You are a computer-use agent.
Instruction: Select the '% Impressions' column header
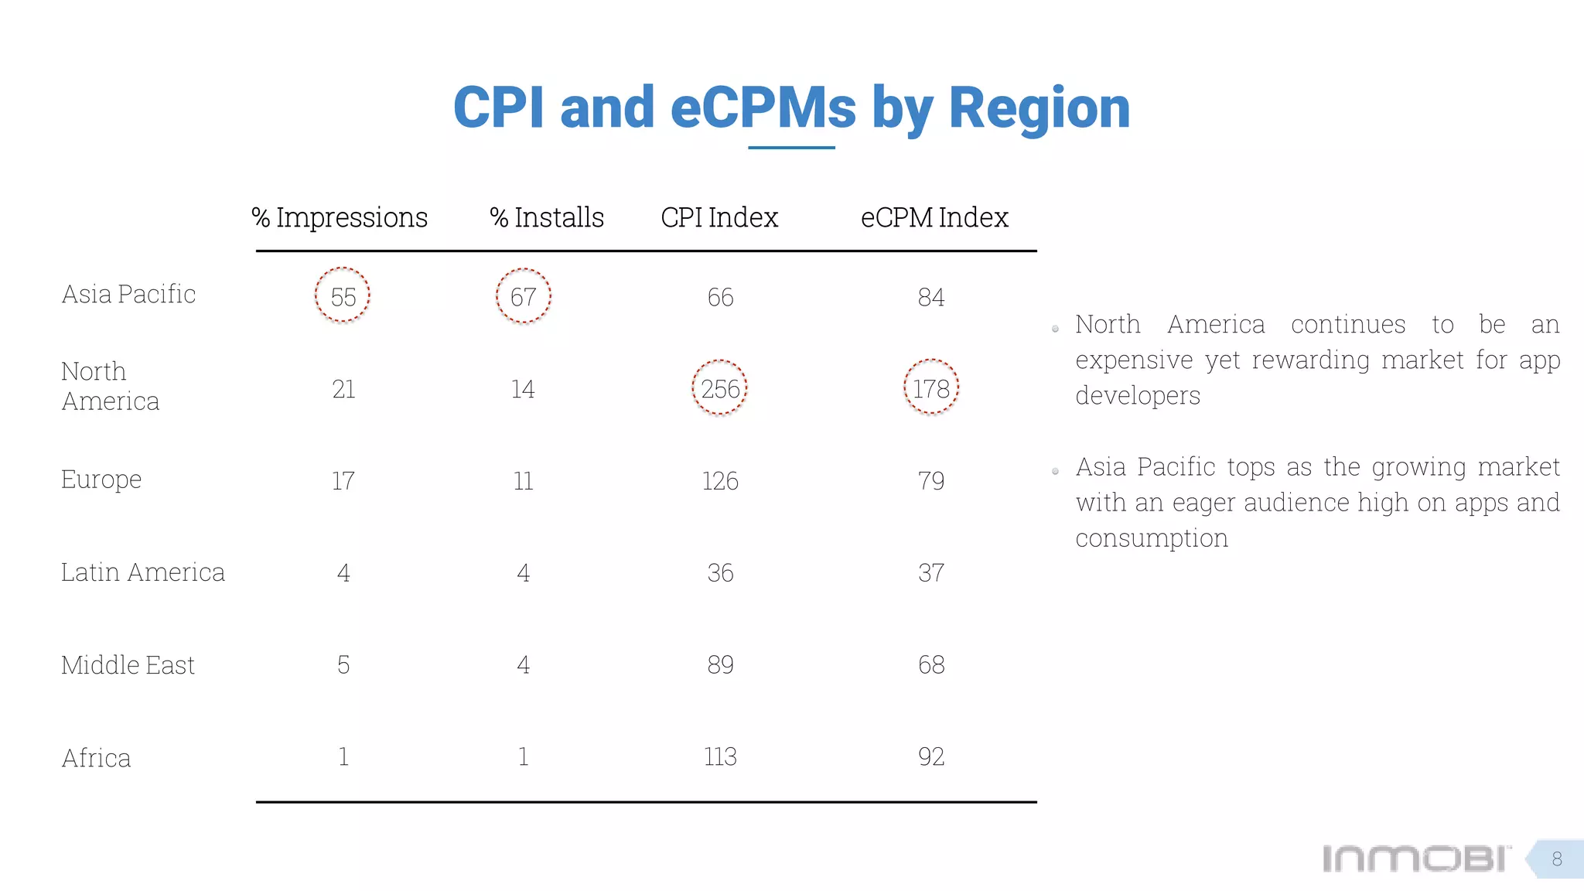(x=340, y=217)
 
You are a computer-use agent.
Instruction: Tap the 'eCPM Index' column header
(x=934, y=217)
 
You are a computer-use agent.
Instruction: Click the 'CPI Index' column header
(x=719, y=217)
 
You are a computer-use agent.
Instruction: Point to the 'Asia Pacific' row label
(x=128, y=294)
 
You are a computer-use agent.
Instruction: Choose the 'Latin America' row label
(x=143, y=572)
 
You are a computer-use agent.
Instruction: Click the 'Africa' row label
(x=96, y=758)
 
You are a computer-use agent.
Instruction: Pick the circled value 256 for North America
(x=720, y=388)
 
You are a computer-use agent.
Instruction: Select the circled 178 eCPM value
(x=931, y=388)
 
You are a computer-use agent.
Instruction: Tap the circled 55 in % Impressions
(x=343, y=297)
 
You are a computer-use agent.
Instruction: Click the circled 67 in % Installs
(x=524, y=297)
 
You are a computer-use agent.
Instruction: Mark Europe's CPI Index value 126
(x=720, y=481)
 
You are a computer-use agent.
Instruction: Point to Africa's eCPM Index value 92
(x=931, y=756)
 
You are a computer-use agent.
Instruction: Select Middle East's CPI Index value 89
(x=720, y=664)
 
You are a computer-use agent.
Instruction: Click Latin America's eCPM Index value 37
(x=931, y=573)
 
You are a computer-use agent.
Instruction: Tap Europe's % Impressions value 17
(x=343, y=481)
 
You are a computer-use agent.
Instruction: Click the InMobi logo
(x=1415, y=859)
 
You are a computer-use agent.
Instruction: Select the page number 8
(x=1557, y=859)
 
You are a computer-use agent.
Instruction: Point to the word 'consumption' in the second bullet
(x=1152, y=538)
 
